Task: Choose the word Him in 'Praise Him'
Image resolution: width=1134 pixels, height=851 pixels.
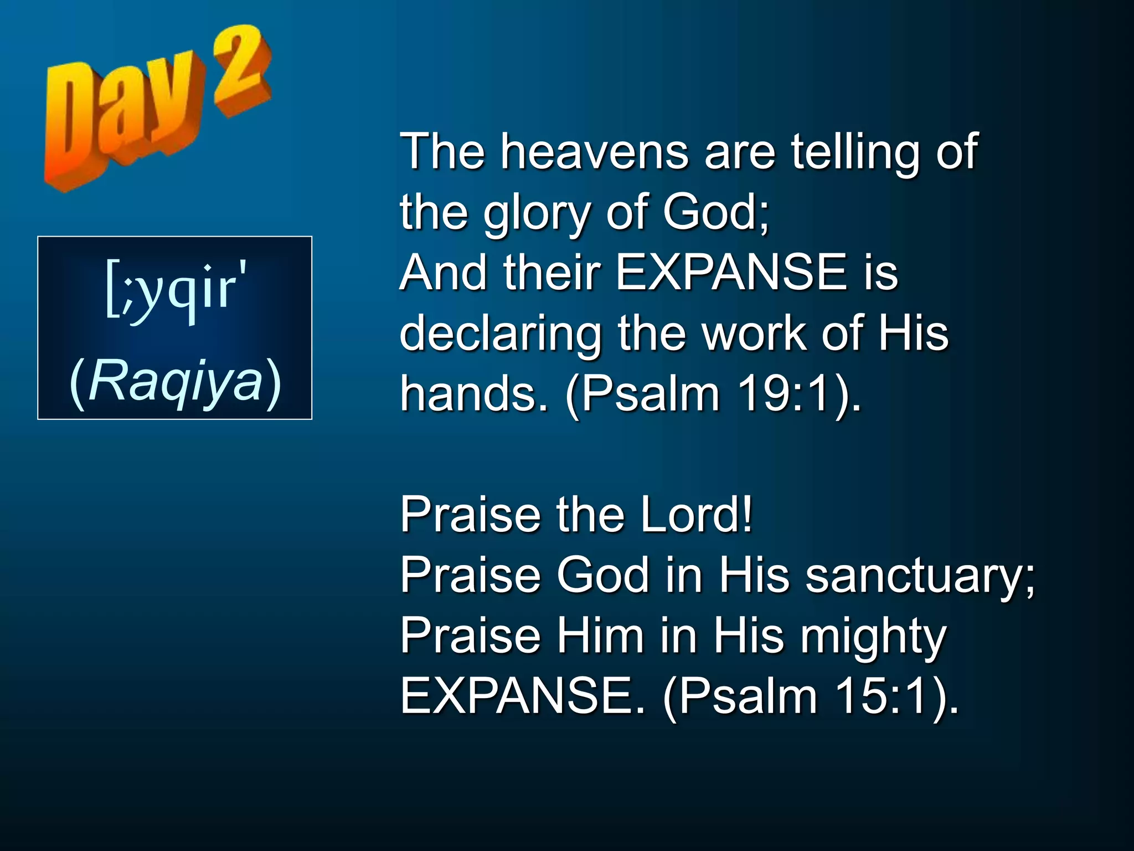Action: coord(600,636)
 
